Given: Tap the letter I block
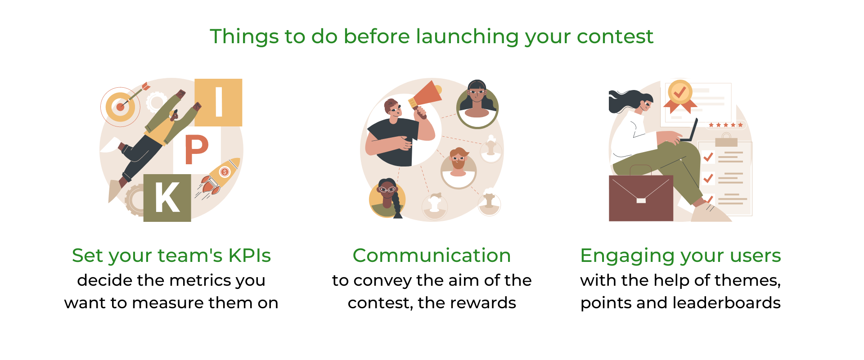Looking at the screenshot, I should coord(219,102).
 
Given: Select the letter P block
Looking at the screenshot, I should coord(197,150).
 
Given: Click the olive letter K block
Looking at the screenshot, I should coord(167,198).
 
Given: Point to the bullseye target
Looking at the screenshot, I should coord(120,107).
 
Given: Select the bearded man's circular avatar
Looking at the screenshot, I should coord(458,167).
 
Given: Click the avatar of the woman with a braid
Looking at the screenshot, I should coord(387,198).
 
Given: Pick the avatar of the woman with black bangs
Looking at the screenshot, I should coord(477,104).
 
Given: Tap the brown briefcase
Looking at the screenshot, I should coord(641,198).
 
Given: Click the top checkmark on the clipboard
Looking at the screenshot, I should coord(708,157).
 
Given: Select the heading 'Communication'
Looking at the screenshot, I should coord(432,255).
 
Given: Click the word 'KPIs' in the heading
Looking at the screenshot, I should coord(249,255).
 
